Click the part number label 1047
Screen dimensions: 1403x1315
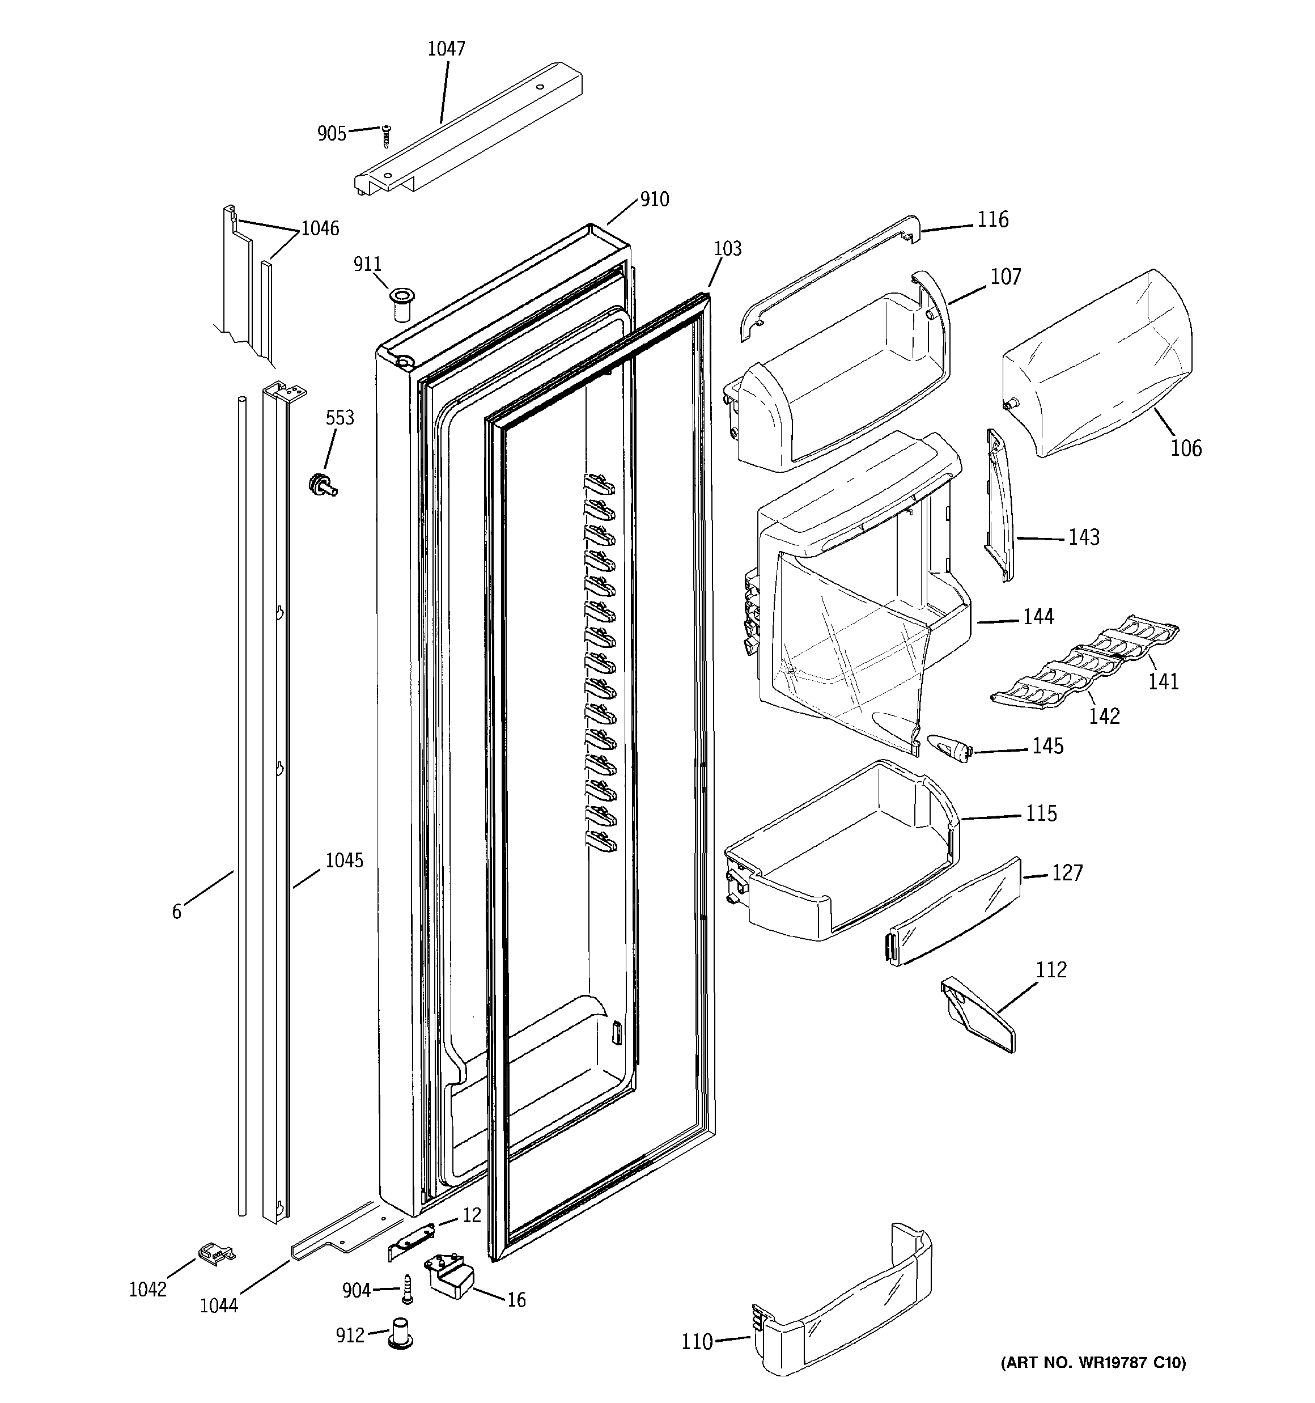pos(446,49)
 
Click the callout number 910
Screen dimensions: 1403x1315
pos(654,200)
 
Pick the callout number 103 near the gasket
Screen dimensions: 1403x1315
pos(727,248)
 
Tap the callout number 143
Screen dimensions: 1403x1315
pos(1084,538)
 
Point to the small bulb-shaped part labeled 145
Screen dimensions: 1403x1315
pos(949,747)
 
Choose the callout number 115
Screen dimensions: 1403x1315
pos(1041,813)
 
